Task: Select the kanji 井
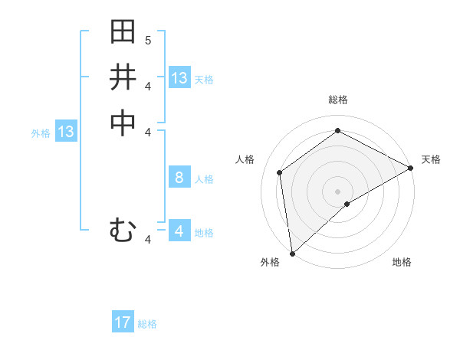click(x=123, y=77)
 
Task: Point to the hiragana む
click(x=123, y=230)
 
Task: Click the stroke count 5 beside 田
click(x=148, y=40)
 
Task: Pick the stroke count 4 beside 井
click(x=148, y=86)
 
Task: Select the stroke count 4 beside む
click(x=148, y=240)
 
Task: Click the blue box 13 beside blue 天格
click(x=179, y=78)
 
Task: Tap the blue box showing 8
click(x=179, y=178)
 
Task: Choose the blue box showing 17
click(x=123, y=323)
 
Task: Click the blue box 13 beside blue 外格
click(x=66, y=132)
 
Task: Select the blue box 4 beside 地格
click(x=179, y=231)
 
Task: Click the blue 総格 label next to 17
click(x=147, y=324)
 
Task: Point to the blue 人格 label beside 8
click(x=204, y=179)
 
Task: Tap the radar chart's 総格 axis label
click(x=338, y=100)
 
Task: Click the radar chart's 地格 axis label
click(x=402, y=262)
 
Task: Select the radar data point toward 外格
click(x=292, y=253)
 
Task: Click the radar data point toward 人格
click(x=280, y=172)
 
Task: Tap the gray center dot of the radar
click(x=337, y=191)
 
